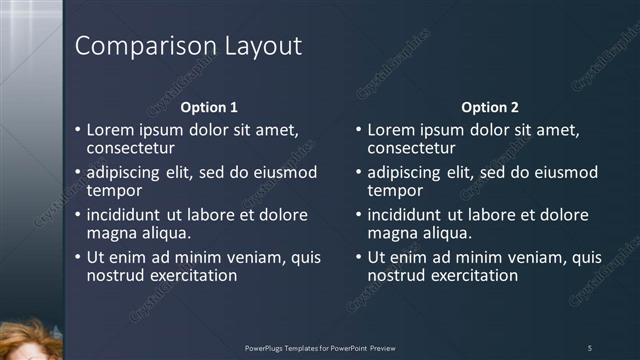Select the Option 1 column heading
click(209, 107)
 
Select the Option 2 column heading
click(490, 107)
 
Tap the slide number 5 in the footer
click(589, 348)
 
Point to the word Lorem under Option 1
click(110, 130)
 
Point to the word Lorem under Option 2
click(391, 130)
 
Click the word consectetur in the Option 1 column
click(131, 148)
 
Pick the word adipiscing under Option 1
click(126, 172)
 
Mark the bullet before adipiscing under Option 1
click(78, 172)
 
